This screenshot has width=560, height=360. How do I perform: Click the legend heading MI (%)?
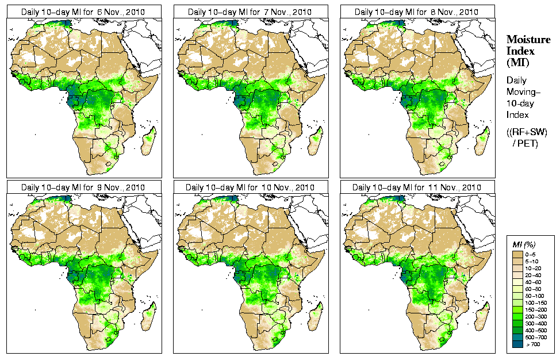point(523,245)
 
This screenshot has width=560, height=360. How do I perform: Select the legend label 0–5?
point(532,253)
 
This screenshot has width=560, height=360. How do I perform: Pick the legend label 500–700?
point(535,338)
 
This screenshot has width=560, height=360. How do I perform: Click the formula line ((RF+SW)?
point(527,132)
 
